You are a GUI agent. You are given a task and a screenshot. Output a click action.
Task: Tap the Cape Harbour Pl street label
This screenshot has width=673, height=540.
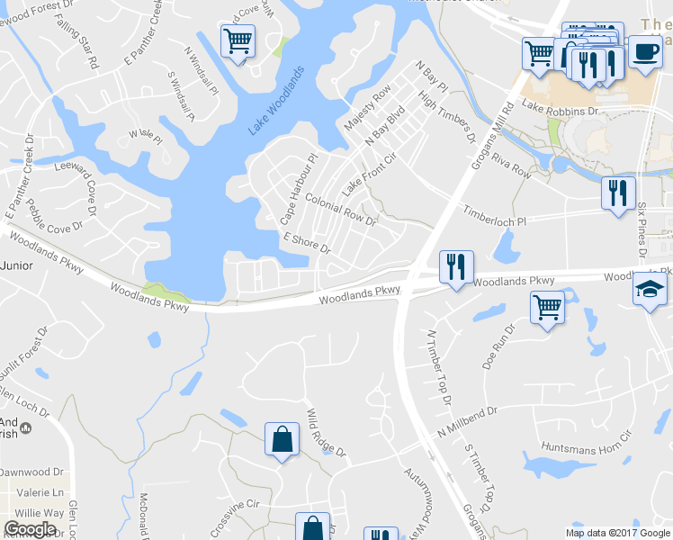click(x=299, y=190)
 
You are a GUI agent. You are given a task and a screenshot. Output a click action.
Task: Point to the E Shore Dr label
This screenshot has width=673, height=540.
click(x=307, y=243)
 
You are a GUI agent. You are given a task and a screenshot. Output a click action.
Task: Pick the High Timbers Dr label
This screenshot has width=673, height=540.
click(x=446, y=120)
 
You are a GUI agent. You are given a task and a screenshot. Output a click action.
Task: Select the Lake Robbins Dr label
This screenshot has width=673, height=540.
click(x=560, y=110)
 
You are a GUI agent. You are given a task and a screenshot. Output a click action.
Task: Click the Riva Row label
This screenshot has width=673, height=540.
click(x=512, y=166)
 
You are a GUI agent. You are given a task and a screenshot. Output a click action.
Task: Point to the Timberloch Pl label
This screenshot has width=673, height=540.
click(x=494, y=214)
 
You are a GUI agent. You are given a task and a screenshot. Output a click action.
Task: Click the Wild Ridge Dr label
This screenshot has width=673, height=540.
click(x=326, y=432)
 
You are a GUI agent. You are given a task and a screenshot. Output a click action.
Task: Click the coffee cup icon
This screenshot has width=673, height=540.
click(x=643, y=52)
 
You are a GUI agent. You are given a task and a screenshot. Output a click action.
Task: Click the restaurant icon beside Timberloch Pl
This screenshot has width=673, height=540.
click(x=618, y=193)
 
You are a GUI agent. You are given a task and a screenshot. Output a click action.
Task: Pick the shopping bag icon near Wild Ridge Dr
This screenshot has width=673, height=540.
click(x=283, y=440)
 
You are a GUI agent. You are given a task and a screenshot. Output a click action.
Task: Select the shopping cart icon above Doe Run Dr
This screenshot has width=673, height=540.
click(x=547, y=308)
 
